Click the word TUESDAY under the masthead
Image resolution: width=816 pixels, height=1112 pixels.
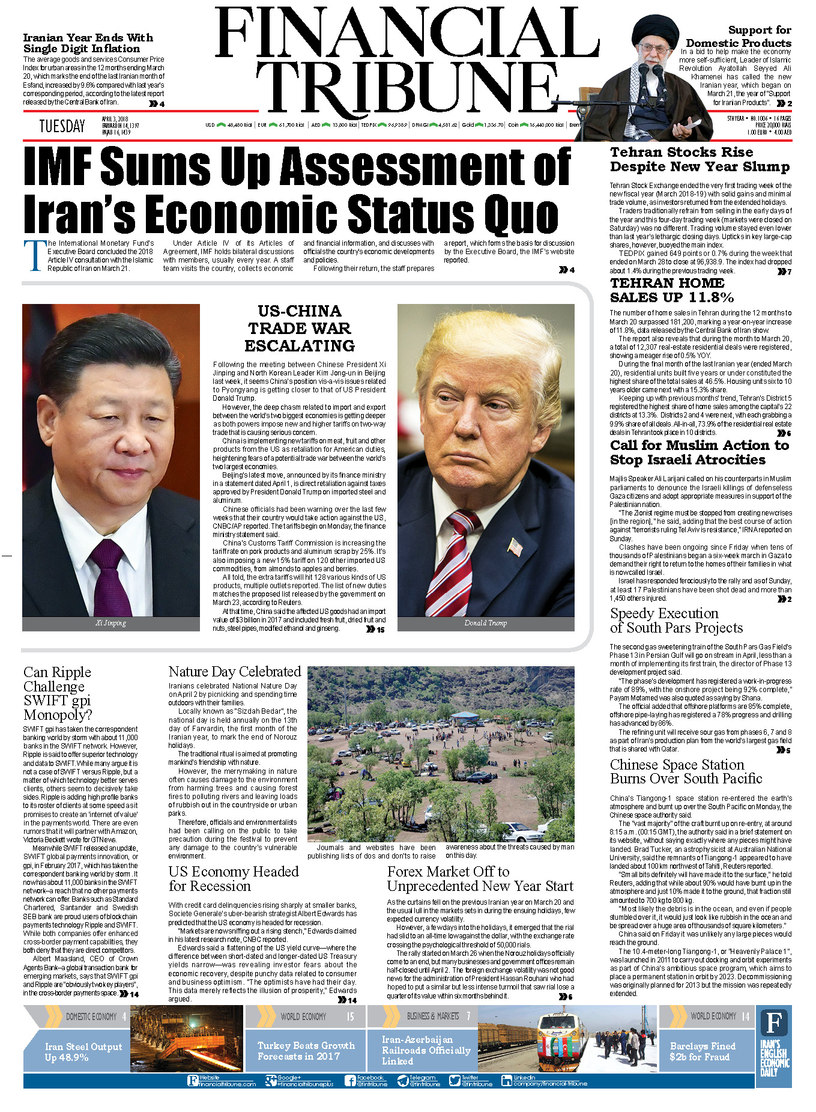coord(62,126)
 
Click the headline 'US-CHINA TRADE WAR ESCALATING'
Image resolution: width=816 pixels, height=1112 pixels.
coord(300,329)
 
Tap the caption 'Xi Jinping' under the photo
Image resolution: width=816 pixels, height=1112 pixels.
coord(111,623)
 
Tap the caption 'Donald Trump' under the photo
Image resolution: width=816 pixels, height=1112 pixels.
coord(485,623)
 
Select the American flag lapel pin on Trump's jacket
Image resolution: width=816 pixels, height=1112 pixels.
coord(515,546)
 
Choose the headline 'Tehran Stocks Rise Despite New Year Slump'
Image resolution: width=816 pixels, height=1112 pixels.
coord(700,160)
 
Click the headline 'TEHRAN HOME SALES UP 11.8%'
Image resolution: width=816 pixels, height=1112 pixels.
coord(671,290)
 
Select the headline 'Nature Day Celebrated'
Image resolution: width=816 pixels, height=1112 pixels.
coord(235,672)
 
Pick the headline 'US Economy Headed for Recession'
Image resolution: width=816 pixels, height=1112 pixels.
coord(234,878)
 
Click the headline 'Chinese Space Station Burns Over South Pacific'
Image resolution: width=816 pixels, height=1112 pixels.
coord(686,771)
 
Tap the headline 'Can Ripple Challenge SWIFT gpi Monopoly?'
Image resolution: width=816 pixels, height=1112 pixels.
coord(58,693)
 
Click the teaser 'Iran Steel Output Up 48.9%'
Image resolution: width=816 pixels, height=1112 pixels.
coord(83,1051)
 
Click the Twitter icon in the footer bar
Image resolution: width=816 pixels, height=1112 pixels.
coord(455,1081)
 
